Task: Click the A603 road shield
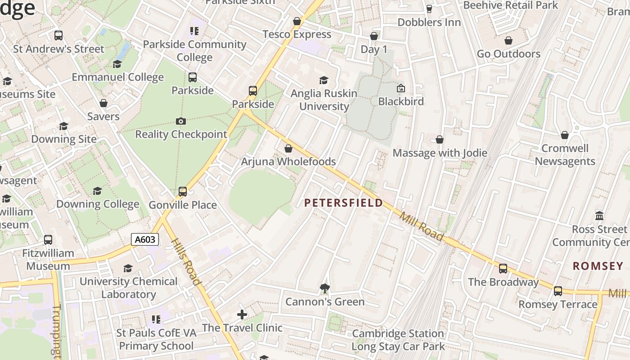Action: (x=145, y=239)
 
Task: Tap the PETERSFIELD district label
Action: (x=343, y=203)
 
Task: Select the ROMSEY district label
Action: (x=598, y=266)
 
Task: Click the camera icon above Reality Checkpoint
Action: (x=181, y=121)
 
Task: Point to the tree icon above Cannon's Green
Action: (x=324, y=288)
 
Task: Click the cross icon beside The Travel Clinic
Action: (x=242, y=314)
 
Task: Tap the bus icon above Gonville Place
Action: (x=183, y=192)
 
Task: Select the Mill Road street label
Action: (x=422, y=226)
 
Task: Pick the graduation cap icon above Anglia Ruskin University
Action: (x=324, y=80)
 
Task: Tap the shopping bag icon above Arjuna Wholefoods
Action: (x=288, y=148)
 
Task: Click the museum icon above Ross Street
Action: (x=599, y=216)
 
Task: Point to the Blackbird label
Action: (x=401, y=101)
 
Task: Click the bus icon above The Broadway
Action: (x=503, y=268)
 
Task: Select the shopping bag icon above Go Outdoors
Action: (x=508, y=40)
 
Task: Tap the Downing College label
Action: (x=98, y=204)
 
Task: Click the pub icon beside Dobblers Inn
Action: (x=429, y=9)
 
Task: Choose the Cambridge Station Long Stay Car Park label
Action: (x=398, y=340)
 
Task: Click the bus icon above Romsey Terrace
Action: (x=558, y=291)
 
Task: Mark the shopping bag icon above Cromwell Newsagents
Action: (x=565, y=135)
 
